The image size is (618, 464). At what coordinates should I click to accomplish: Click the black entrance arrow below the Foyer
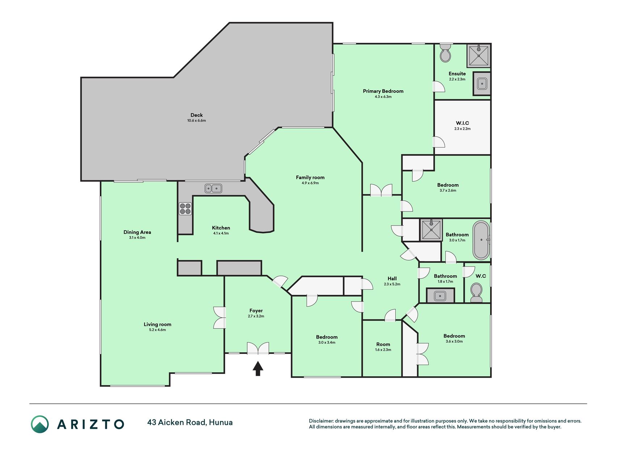(x=258, y=369)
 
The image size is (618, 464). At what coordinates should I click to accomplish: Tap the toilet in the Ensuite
(x=445, y=53)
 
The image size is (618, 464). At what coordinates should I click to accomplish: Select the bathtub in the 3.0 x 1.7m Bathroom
(x=481, y=240)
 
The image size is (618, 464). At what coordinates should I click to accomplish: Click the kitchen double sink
(x=213, y=188)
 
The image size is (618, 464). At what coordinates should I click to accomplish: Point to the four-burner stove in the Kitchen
(x=185, y=208)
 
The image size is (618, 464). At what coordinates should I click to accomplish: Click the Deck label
(x=197, y=115)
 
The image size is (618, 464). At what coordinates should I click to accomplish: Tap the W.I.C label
(x=462, y=123)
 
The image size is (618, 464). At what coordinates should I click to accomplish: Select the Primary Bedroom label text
(x=383, y=91)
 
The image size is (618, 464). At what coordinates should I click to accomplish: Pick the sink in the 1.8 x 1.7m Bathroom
(x=440, y=295)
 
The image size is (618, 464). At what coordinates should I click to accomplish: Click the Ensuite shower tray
(x=479, y=56)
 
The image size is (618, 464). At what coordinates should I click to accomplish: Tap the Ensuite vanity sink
(x=482, y=84)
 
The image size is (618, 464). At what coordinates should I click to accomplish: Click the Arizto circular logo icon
(x=40, y=424)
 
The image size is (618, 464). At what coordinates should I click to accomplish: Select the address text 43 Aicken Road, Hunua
(x=190, y=423)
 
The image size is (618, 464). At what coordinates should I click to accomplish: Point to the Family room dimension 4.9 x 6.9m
(x=310, y=183)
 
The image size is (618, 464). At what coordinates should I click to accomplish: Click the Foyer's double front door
(x=258, y=348)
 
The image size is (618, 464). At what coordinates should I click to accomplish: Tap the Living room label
(x=157, y=324)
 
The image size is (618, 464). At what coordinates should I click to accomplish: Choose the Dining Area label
(x=137, y=232)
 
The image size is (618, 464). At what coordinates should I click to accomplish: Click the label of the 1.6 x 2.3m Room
(x=383, y=344)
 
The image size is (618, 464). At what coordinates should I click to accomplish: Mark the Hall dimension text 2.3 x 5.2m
(x=392, y=284)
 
